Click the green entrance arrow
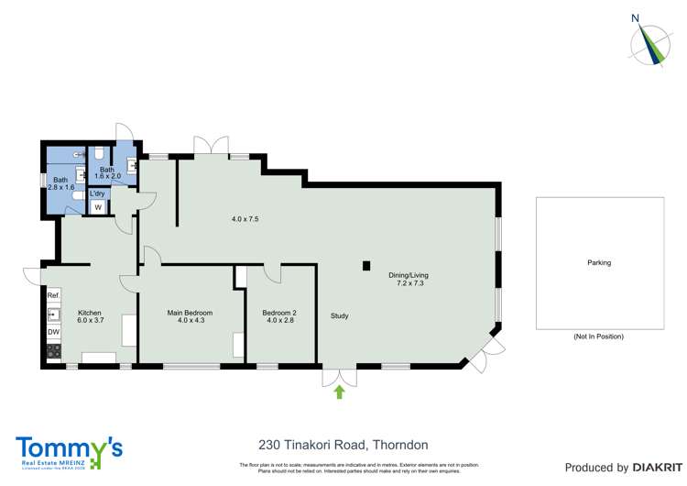339,392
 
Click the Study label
339,316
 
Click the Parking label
599,263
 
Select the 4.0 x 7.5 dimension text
245,219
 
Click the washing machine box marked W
98,208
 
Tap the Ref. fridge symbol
53,295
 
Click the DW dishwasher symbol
53,332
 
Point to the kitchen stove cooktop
53,350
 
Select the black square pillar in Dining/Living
366,266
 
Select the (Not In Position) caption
598,337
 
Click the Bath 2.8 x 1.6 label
60,183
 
